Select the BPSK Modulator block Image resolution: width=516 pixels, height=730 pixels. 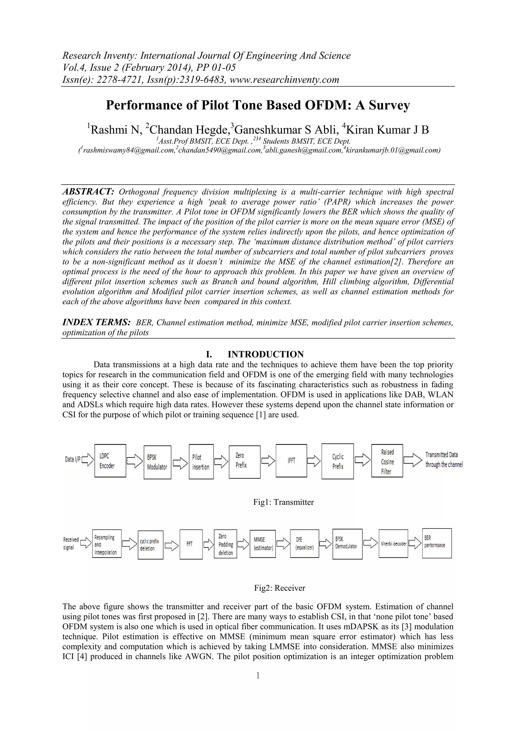coord(157,462)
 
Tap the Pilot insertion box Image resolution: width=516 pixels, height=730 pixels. coord(201,462)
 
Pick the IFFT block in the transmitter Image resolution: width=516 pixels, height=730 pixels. coord(291,461)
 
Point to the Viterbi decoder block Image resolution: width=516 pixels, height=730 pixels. coord(393,544)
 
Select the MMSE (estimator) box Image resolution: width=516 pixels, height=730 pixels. coord(263,544)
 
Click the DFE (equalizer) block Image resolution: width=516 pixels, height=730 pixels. coord(304,544)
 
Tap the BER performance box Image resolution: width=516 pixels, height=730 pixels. coord(437,543)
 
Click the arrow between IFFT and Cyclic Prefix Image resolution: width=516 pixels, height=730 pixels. coord(314,461)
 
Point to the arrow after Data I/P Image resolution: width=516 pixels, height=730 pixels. coord(88,459)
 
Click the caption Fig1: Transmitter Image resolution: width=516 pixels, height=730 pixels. coord(283,502)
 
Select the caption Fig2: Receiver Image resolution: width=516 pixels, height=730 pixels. coord(280,588)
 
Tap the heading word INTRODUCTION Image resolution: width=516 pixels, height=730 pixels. coord(266,354)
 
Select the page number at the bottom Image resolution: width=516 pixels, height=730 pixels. coord(258,675)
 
